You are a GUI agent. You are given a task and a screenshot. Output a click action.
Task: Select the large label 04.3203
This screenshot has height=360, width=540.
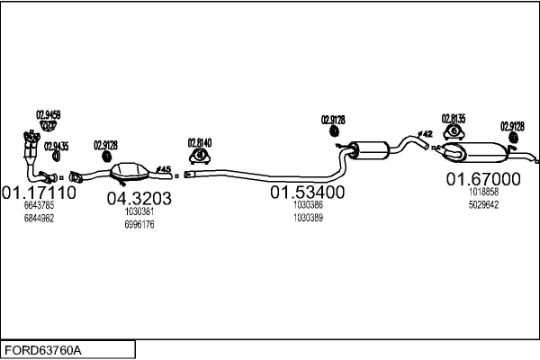tap(139, 199)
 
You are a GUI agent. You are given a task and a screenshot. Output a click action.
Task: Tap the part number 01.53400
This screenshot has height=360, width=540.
tap(309, 193)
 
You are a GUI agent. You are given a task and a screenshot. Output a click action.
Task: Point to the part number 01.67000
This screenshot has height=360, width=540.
tap(483, 179)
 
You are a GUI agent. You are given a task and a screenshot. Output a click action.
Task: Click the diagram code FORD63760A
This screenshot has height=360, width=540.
tap(45, 349)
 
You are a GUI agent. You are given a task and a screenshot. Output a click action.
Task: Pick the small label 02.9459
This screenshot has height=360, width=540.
tap(48, 114)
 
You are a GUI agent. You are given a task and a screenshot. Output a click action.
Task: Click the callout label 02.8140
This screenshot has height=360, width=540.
tap(199, 141)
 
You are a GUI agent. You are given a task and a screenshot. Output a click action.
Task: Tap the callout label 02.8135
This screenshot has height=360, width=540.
tap(454, 118)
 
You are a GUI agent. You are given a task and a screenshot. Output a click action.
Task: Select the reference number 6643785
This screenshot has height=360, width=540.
tap(39, 206)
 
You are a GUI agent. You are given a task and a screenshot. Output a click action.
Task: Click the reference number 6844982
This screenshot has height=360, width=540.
tap(39, 218)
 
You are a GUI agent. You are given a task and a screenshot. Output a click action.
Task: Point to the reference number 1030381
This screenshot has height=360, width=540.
tap(139, 211)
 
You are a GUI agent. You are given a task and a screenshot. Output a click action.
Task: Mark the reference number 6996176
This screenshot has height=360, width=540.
tap(139, 224)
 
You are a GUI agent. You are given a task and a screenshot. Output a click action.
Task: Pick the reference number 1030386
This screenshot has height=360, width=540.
tap(309, 205)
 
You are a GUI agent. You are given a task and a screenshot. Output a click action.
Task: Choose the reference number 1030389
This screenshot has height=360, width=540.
tap(309, 217)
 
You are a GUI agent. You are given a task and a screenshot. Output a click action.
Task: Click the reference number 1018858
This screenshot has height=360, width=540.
tap(483, 192)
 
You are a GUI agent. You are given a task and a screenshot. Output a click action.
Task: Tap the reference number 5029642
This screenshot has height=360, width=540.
tap(483, 204)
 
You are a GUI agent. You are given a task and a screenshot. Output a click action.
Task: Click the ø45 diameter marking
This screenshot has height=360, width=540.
tap(164, 168)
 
